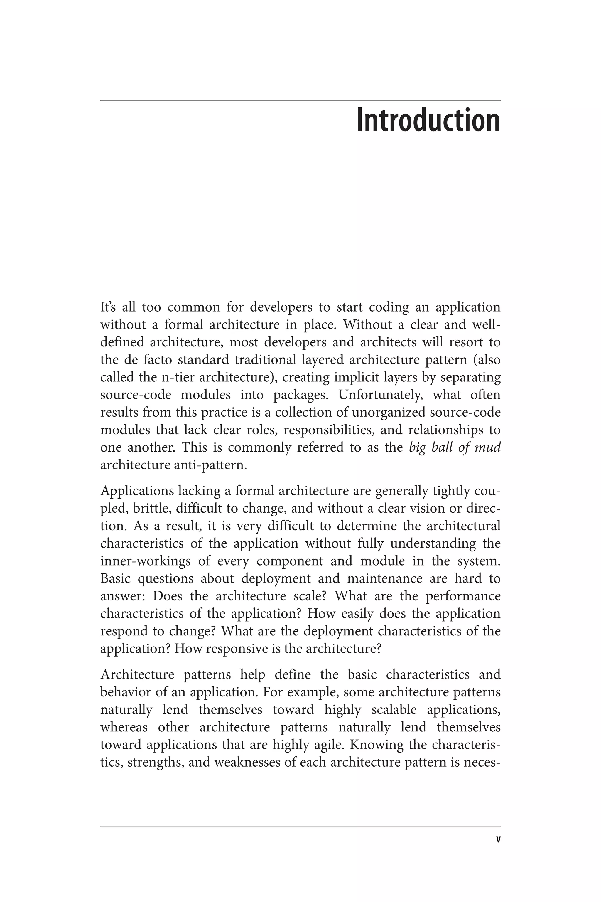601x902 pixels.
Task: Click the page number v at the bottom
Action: tap(498, 839)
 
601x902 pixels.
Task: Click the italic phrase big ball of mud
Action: tap(455, 447)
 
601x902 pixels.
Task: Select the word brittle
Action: tap(148, 508)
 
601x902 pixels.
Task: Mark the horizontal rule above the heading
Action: tap(300, 100)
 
